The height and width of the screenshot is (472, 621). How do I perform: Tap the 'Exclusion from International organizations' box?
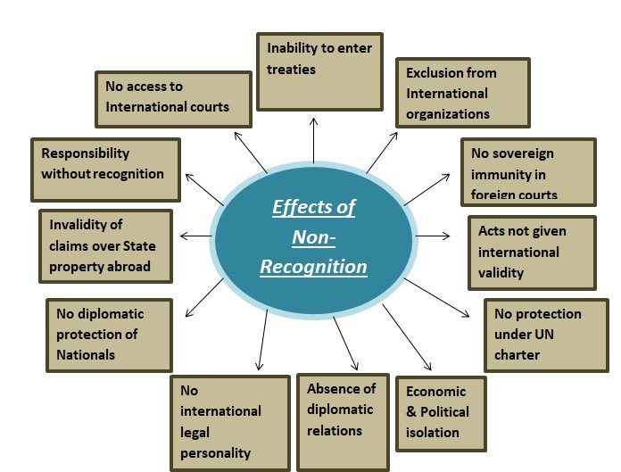click(462, 93)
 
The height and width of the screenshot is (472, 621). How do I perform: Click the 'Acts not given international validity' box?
click(531, 252)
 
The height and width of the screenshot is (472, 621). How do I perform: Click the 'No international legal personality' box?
click(230, 422)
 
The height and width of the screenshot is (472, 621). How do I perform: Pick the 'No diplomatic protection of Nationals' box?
click(108, 335)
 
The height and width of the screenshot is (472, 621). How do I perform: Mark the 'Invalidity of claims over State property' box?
click(105, 245)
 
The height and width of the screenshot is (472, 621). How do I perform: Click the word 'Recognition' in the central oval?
click(313, 267)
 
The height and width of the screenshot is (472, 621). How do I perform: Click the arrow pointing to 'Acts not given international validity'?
click(434, 236)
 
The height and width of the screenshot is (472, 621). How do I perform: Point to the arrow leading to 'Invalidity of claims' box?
click(195, 236)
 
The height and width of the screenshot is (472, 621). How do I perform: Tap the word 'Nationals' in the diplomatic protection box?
click(87, 354)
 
